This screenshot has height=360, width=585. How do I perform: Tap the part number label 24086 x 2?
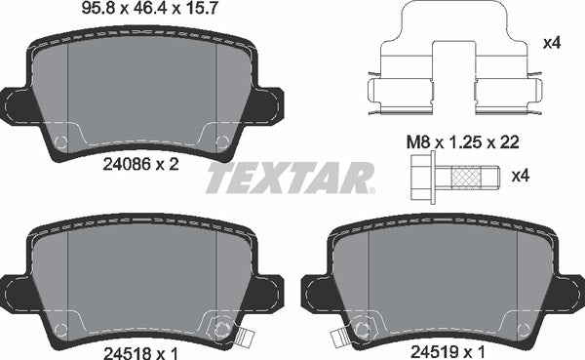point(143,166)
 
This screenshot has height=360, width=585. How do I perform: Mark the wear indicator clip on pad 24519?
point(341,338)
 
